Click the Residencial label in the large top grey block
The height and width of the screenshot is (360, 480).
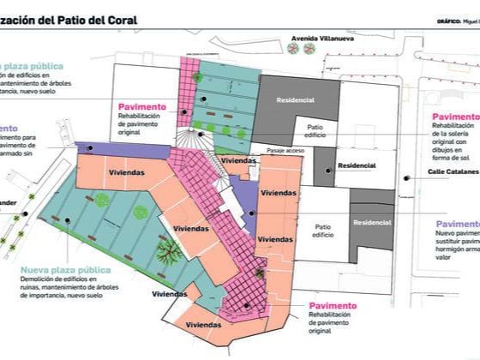[296, 100]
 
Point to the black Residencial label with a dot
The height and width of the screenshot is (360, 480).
[357, 165]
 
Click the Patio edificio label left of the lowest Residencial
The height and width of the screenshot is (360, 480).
[323, 231]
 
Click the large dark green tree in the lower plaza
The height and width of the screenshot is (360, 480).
[169, 251]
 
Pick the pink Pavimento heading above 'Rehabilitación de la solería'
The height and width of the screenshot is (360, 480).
[455, 117]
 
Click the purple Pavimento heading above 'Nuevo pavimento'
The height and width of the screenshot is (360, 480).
[457, 225]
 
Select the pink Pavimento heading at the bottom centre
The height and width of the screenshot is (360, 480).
[333, 306]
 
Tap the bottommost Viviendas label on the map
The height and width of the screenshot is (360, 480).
[202, 325]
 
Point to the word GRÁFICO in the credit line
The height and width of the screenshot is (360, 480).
[449, 21]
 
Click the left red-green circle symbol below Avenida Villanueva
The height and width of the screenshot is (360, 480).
[294, 50]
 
